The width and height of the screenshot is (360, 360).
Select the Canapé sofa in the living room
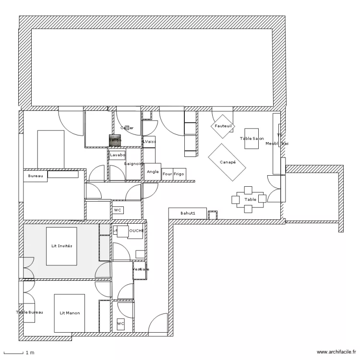click(227, 162)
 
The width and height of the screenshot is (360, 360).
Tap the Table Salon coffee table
click(252, 138)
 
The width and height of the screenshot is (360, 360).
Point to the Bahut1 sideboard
click(187, 213)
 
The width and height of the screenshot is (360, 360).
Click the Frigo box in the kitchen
click(179, 174)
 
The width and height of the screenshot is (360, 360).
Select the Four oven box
click(167, 174)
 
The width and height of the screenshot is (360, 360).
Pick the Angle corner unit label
click(153, 172)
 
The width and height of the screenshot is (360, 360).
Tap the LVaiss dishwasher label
click(149, 142)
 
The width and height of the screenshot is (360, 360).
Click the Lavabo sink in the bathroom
click(117, 156)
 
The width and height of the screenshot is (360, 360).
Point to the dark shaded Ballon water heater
click(115, 140)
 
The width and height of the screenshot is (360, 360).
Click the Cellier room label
click(127, 128)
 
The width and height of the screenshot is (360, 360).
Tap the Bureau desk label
click(36, 177)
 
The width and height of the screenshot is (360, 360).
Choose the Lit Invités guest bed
click(61, 246)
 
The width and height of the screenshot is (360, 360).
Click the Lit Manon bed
click(70, 313)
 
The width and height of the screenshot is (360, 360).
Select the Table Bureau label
click(29, 312)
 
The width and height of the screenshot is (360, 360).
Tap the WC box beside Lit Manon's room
click(120, 324)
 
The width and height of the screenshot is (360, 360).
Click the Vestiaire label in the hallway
click(140, 269)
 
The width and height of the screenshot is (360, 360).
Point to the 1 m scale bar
click(14, 353)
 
